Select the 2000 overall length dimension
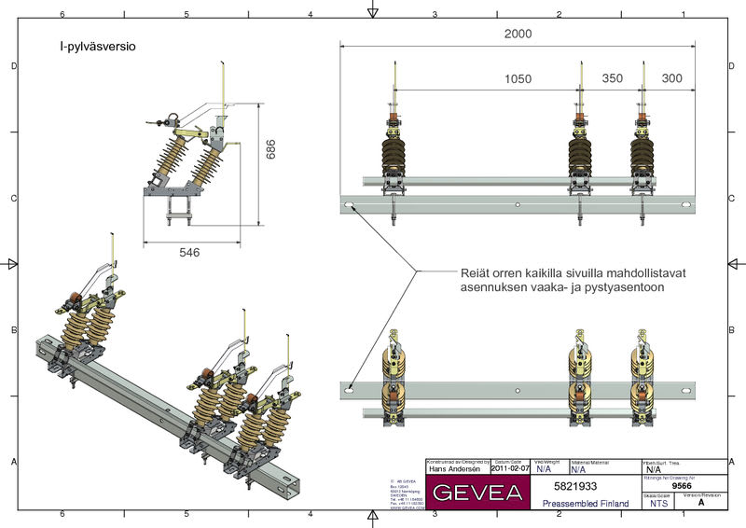click(518, 34)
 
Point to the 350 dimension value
click(612, 79)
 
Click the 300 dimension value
click(671, 79)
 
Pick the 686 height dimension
click(271, 149)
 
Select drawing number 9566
click(683, 485)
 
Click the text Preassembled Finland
click(586, 503)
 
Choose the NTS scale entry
click(659, 503)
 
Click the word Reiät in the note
click(477, 272)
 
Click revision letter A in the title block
click(701, 503)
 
